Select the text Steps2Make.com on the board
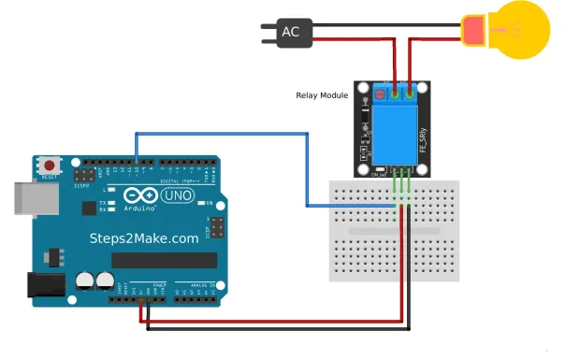(x=144, y=238)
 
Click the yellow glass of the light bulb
(x=520, y=29)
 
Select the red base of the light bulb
(x=474, y=30)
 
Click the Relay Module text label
(x=321, y=95)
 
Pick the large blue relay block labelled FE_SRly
(x=393, y=130)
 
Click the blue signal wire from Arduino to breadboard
(x=225, y=135)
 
